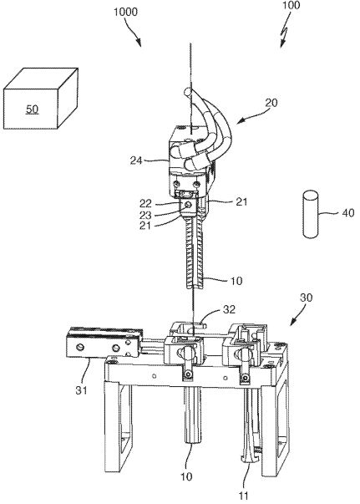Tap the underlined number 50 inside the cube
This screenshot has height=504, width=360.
coord(32,109)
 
